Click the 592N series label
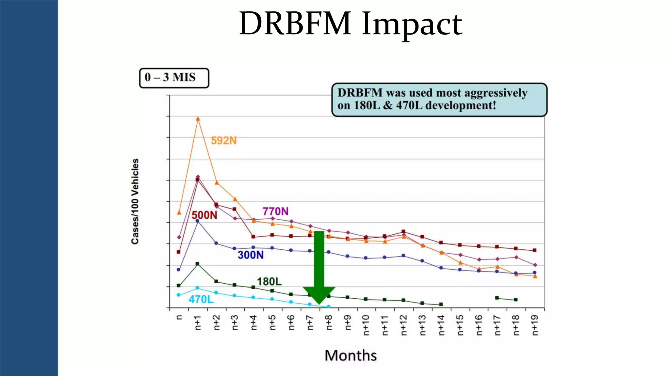[223, 140]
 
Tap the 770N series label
[275, 211]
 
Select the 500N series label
[204, 215]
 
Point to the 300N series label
[251, 255]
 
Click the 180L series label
[269, 281]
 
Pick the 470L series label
[201, 299]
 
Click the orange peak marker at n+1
[198, 119]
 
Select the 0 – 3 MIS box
[174, 78]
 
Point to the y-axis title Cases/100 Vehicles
[135, 201]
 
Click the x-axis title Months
[351, 355]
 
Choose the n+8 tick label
[329, 322]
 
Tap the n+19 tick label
[535, 325]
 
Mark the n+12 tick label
[403, 325]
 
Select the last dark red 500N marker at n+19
[535, 250]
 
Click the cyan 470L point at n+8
[329, 306]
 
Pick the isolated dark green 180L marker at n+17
[497, 298]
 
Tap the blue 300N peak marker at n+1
[197, 221]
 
